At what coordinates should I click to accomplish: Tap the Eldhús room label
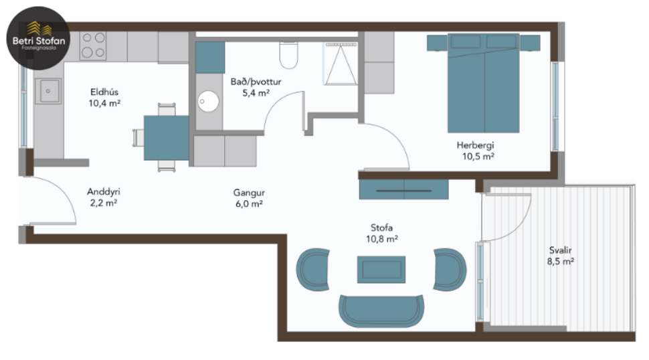[104, 92]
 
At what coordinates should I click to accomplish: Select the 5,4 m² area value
[256, 93]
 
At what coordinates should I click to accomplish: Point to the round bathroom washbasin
[209, 102]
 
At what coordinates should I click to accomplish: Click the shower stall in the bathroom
[341, 64]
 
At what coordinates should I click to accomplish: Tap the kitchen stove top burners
[93, 46]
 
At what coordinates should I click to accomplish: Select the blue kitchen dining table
[167, 137]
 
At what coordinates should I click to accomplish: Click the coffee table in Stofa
[381, 269]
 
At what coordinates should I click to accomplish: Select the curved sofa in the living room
[381, 309]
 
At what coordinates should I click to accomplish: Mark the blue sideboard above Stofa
[403, 189]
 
